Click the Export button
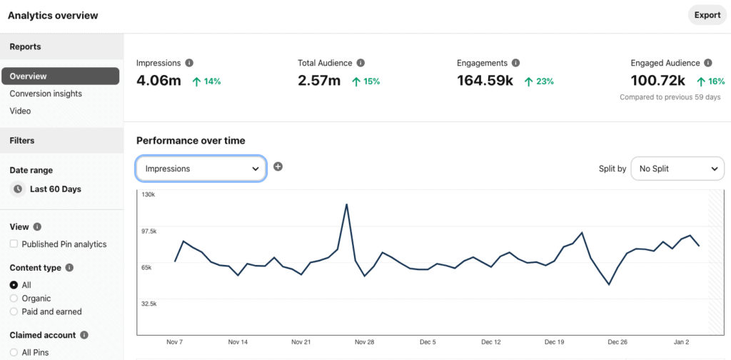[707, 15]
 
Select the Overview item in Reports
[60, 76]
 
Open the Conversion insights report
[46, 94]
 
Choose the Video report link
[20, 111]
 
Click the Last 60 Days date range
[55, 189]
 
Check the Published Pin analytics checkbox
[14, 244]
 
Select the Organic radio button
[14, 299]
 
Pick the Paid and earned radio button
[14, 311]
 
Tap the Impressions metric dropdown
[201, 169]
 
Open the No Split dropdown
[677, 169]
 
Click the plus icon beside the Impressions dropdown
[278, 166]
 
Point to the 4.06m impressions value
[158, 81]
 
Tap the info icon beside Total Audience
[361, 63]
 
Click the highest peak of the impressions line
[346, 205]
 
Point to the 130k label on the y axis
[148, 194]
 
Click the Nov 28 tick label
[365, 342]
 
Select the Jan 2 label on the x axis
[682, 342]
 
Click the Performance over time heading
[191, 141]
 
